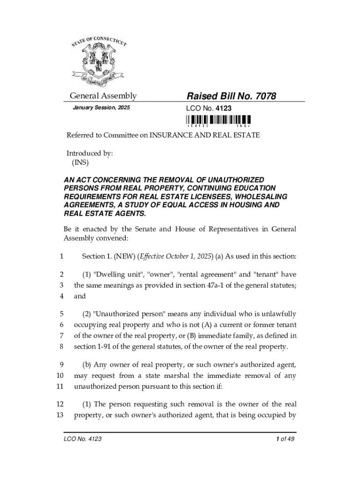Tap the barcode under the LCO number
tap(219, 122)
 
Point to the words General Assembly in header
tap(103, 96)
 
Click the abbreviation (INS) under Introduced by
tap(80, 163)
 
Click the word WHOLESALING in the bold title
tap(264, 197)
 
